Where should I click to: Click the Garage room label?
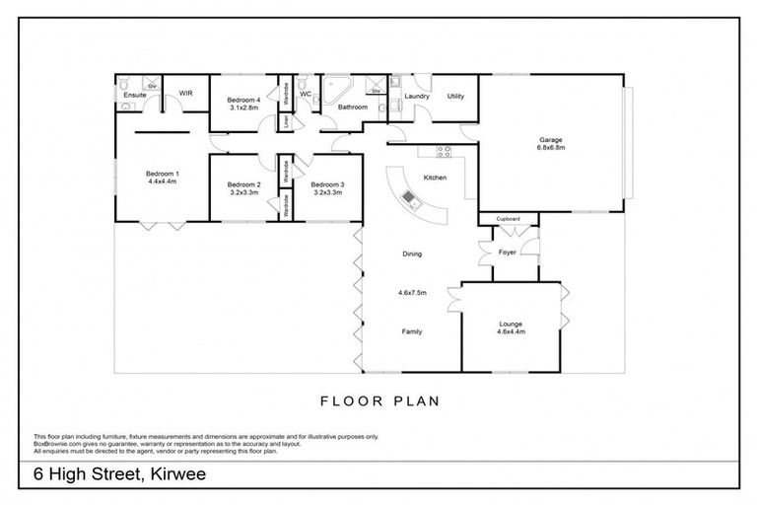click(x=551, y=140)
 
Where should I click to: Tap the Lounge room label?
click(x=511, y=324)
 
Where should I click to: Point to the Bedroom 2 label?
click(x=243, y=184)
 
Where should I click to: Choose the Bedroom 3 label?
click(x=327, y=184)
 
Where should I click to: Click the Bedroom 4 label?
click(x=243, y=101)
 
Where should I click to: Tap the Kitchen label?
click(x=435, y=178)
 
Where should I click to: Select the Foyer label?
click(x=507, y=252)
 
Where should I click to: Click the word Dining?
click(x=412, y=254)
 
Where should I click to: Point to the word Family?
click(x=412, y=331)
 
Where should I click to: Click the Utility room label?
click(x=455, y=96)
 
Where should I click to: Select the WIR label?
click(x=184, y=95)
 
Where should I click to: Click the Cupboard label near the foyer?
click(x=508, y=218)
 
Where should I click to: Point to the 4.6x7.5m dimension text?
click(x=411, y=293)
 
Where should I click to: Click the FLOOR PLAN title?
click(x=378, y=401)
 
